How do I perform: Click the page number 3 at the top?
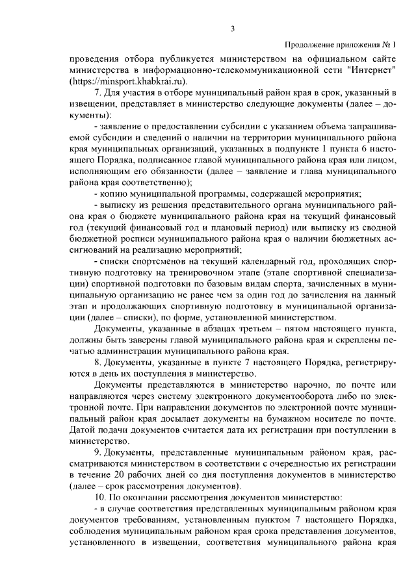(x=232, y=28)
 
